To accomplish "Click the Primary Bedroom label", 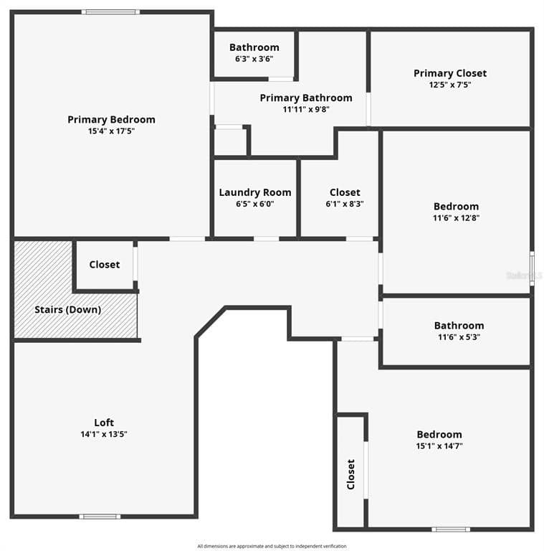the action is [x=111, y=120].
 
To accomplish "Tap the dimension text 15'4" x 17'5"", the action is [x=111, y=131].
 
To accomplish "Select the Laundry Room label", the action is [x=255, y=192].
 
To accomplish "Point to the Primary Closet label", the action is [x=450, y=73].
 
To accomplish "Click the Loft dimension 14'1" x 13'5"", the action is [x=104, y=434].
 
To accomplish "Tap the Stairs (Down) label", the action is [x=68, y=310].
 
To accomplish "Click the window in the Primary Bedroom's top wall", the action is [x=111, y=12].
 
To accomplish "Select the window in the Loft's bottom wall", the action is [x=100, y=517].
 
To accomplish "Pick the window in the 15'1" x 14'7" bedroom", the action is [x=451, y=529].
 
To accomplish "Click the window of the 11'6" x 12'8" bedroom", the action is [x=532, y=268].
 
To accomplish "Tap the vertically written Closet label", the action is [x=350, y=474].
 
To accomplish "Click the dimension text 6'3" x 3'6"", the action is [x=254, y=59].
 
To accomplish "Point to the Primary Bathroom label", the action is [x=306, y=98].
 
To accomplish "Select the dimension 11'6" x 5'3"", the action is [x=459, y=337].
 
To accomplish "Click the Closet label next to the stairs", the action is [x=105, y=265].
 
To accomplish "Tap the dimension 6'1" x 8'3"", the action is [x=345, y=204].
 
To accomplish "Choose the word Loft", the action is [x=104, y=423].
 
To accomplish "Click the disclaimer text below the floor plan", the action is [x=272, y=546].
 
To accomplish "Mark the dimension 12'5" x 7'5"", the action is [x=450, y=85].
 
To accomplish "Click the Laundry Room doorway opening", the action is [x=267, y=239].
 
